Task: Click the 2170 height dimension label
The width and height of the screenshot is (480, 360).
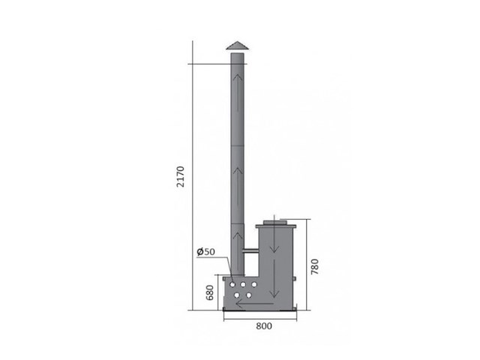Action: (x=180, y=177)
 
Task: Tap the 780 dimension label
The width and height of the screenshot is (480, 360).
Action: (x=314, y=267)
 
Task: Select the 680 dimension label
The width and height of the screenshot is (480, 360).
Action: (x=210, y=292)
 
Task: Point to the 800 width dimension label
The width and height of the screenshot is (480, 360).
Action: (x=264, y=326)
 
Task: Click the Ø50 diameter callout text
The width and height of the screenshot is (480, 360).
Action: (x=206, y=252)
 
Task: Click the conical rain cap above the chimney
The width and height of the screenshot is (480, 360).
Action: (x=237, y=45)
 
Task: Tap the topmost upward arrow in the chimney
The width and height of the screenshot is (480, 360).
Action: (x=237, y=92)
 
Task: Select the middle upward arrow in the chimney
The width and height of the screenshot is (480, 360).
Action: (x=237, y=185)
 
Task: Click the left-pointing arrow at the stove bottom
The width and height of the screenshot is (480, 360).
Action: (x=255, y=304)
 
